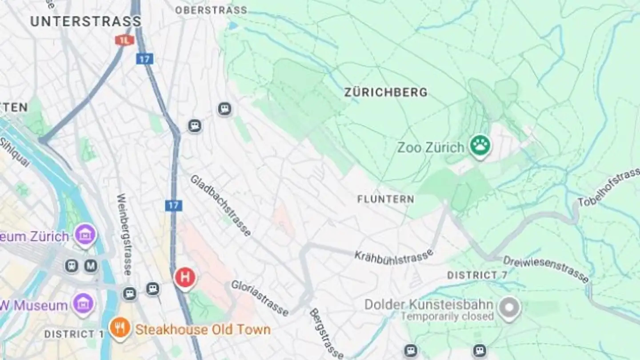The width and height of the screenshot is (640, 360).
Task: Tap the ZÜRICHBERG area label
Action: pyautogui.click(x=386, y=92)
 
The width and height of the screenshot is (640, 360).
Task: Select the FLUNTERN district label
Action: pyautogui.click(x=385, y=199)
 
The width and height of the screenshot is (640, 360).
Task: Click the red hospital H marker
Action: pyautogui.click(x=185, y=278)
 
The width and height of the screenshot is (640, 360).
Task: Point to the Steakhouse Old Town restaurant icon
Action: pyautogui.click(x=120, y=329)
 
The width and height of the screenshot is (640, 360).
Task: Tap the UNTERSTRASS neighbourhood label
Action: pyautogui.click(x=86, y=21)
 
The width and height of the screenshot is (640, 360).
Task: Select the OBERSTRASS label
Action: pyautogui.click(x=211, y=10)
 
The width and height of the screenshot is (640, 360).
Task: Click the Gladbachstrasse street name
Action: pyautogui.click(x=220, y=205)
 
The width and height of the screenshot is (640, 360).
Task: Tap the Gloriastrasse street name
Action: pyautogui.click(x=260, y=297)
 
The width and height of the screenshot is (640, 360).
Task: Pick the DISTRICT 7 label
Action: pyautogui.click(x=477, y=276)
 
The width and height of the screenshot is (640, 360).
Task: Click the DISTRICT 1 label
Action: pyautogui.click(x=70, y=334)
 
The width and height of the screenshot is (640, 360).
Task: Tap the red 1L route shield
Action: pyautogui.click(x=124, y=40)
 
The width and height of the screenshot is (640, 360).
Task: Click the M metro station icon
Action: pyautogui.click(x=91, y=266)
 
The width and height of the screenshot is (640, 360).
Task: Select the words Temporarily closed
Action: pyautogui.click(x=447, y=316)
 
